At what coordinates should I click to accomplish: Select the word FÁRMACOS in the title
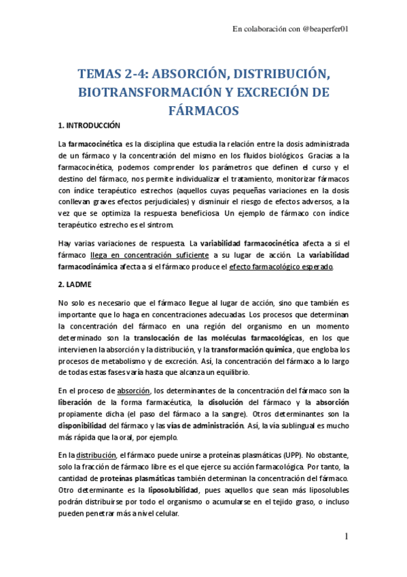pos(204,109)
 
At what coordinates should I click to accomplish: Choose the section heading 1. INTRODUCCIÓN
pos(88,126)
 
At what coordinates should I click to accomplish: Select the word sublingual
pos(298,426)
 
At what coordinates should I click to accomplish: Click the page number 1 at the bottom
pos(346,538)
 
